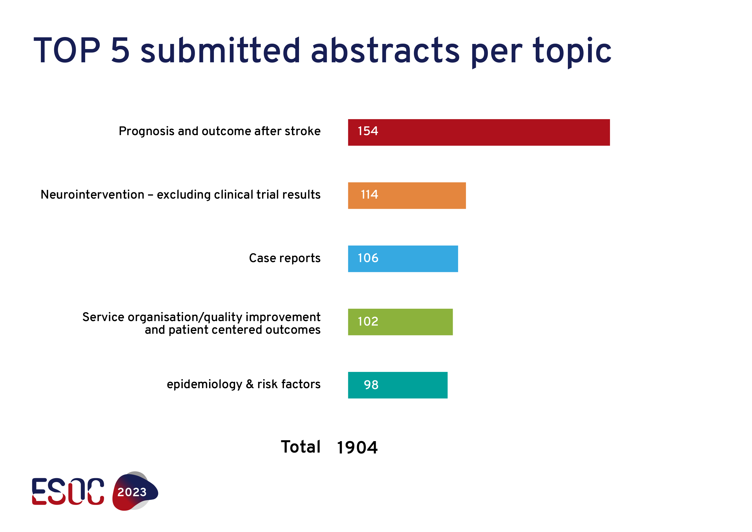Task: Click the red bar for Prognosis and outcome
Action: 479,132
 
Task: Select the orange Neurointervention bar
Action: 407,196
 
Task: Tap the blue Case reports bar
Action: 403,259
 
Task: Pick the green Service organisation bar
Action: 400,322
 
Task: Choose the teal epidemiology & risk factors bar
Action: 398,385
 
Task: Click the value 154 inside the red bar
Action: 368,131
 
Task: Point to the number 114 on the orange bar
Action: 369,195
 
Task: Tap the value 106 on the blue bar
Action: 368,258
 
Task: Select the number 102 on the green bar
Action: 368,322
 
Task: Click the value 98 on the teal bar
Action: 371,385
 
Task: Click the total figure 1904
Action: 357,447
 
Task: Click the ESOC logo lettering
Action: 68,491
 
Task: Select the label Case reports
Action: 285,258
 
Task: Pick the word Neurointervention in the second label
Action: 92,195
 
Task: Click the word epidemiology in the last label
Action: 204,385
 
